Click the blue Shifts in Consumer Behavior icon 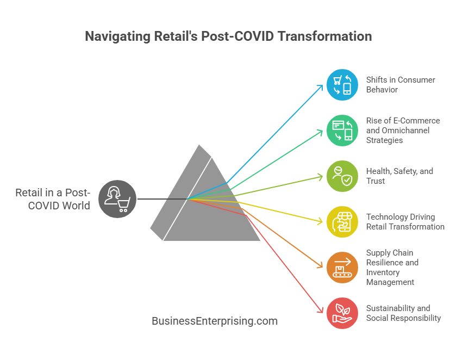(342, 85)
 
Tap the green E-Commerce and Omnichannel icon (342, 131)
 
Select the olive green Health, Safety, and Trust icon (342, 176)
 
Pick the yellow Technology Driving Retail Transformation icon (342, 222)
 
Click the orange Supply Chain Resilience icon (342, 268)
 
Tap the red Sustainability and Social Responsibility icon (342, 313)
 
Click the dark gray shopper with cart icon (117, 199)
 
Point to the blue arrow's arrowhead (321, 87)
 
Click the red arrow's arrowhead (321, 310)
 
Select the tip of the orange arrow (323, 268)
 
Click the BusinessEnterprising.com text (215, 321)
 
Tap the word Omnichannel (405, 131)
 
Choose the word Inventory (383, 272)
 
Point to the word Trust (376, 181)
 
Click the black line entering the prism (162, 199)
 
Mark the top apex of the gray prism (199, 145)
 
